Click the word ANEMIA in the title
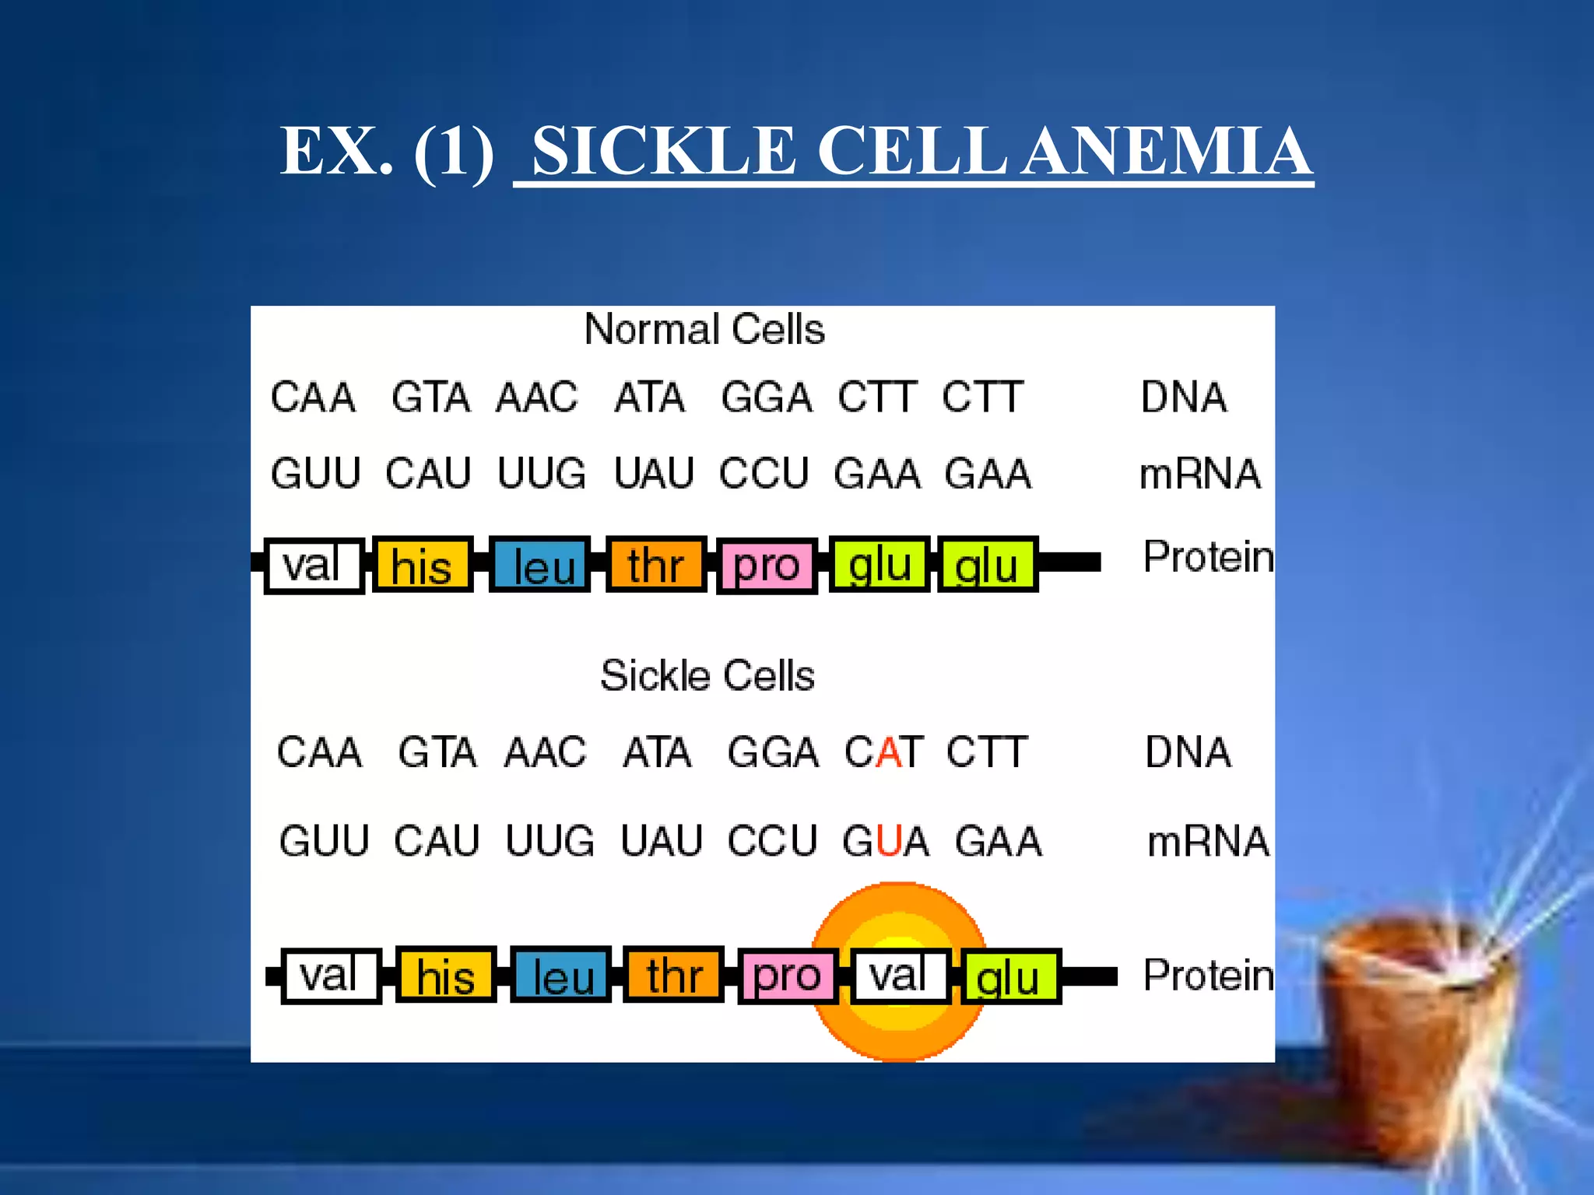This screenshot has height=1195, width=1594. point(1167,152)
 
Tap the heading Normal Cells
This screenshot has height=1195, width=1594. point(704,329)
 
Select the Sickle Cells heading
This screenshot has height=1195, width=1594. point(707,675)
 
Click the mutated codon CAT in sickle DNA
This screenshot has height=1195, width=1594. point(884,752)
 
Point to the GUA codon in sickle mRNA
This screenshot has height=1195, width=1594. point(886,842)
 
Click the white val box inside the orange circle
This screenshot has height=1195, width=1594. point(899,976)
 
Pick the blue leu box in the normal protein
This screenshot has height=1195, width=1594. point(540,566)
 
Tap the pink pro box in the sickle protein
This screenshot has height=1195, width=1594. point(786,976)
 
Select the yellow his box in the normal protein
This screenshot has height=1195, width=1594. point(422,566)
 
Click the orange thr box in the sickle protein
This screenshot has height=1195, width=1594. point(674,976)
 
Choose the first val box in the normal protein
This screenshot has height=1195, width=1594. point(313,566)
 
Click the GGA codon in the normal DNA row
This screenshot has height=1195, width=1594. point(767,398)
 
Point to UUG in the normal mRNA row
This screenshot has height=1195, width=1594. point(542,474)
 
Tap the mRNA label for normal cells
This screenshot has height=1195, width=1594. point(1199,475)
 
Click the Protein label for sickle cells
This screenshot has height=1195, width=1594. point(1207,975)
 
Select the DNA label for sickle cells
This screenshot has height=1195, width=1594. point(1188,752)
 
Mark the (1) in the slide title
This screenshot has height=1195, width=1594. point(454,152)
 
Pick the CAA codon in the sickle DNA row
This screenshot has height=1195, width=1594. point(320,752)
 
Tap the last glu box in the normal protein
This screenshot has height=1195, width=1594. point(987,566)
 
